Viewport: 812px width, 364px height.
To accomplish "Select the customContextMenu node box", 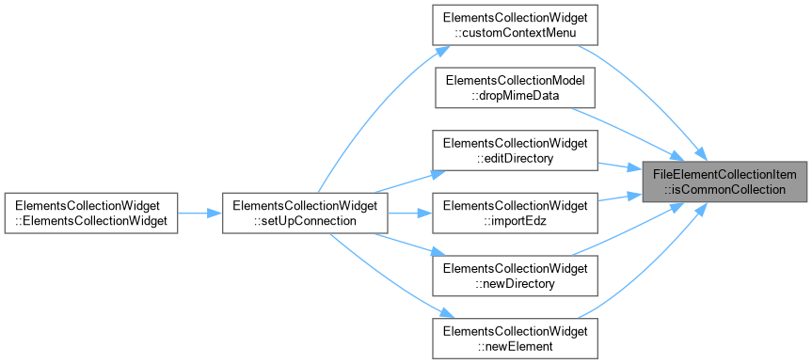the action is click(x=516, y=24).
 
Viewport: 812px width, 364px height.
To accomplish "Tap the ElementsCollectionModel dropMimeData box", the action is click(x=516, y=87).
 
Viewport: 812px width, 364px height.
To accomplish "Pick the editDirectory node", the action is click(x=516, y=150).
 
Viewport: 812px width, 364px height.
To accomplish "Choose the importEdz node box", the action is click(x=516, y=213).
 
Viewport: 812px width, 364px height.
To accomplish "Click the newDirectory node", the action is click(x=516, y=276).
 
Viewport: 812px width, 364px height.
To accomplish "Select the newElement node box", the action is click(x=516, y=338).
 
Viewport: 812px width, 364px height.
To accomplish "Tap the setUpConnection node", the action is click(x=305, y=213).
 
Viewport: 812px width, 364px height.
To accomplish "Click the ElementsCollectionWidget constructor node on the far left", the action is click(x=91, y=213).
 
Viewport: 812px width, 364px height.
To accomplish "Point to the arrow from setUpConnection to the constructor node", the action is click(x=199, y=213).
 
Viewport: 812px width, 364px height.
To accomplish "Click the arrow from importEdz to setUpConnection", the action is click(x=410, y=213).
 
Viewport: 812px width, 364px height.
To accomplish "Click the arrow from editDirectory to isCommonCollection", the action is click(x=620, y=166).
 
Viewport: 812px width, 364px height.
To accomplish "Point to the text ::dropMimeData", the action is click(x=516, y=95).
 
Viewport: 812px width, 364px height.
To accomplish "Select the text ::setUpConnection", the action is click(x=305, y=220).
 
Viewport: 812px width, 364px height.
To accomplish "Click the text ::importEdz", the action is click(x=516, y=220).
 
